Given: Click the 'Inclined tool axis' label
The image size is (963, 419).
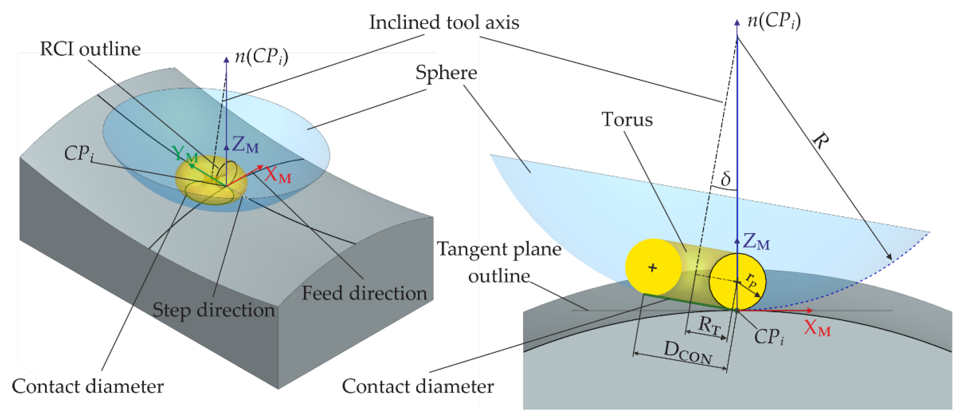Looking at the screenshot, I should pos(444,23).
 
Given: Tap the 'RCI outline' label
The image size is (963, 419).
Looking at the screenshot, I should pos(90,49).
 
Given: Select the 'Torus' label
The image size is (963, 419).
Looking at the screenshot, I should pos(627,120).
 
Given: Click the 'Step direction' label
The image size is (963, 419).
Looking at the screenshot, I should pos(213,310).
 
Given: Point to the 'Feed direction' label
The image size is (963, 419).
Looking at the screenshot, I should pos(364,293).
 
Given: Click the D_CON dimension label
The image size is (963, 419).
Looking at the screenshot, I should pos(688,353).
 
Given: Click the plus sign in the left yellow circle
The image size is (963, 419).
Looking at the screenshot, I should pos(653,267).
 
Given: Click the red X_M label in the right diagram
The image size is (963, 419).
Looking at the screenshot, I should pos(817,329).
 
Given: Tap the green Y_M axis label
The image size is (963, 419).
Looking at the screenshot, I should pos(186,153).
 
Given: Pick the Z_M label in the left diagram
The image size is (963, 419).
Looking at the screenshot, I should pos(245,145).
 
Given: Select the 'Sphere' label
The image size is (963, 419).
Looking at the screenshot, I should pos(446,72).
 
